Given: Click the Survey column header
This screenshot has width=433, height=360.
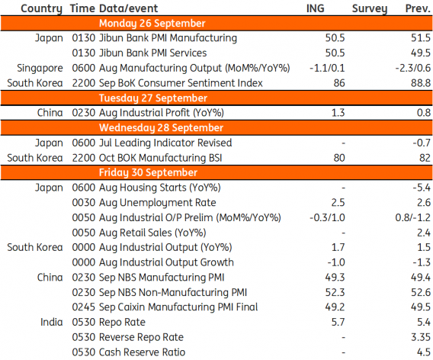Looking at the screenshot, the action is point(370,8).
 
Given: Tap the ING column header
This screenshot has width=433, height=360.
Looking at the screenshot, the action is point(316,8).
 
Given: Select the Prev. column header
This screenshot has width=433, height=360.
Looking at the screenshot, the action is point(418,8).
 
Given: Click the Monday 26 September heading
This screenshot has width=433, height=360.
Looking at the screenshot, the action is point(152,24).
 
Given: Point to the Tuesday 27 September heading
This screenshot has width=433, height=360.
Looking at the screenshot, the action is point(153,98).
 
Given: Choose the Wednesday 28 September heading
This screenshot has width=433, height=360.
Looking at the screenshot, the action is point(161,127).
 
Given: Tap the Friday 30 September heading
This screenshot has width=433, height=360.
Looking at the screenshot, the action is point(149,172).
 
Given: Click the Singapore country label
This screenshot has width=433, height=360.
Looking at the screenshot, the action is point(40,68).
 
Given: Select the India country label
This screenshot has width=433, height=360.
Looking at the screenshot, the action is point(51,322).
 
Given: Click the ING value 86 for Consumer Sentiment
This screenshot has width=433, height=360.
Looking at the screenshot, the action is point(339,83).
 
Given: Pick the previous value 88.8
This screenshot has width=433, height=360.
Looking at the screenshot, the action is point(421,83).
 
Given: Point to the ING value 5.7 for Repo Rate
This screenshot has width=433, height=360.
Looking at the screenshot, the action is point(338,322).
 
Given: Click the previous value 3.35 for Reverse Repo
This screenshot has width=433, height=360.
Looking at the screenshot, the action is point(420,337).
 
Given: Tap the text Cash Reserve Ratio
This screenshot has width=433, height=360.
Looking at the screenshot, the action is point(142,352).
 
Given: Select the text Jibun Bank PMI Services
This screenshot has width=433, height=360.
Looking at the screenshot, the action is point(152,53).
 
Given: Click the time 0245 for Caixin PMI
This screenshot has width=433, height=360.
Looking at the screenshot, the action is point(84,307).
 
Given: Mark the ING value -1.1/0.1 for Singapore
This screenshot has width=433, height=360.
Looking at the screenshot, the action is point(327,68).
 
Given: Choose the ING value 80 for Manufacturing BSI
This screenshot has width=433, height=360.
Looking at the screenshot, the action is point(339,158).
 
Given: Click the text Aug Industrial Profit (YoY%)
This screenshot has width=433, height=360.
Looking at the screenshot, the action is point(162,113).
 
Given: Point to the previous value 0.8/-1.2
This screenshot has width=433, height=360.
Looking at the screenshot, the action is point(413,217).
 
